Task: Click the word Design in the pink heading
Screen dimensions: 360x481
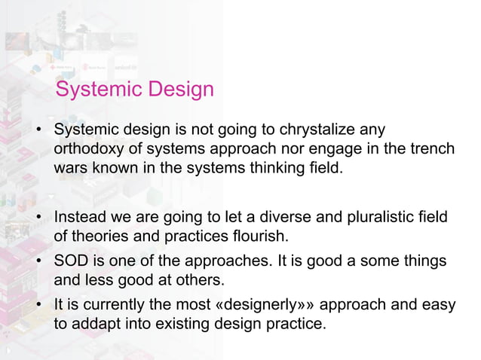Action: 180,90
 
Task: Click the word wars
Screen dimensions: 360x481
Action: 70,167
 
